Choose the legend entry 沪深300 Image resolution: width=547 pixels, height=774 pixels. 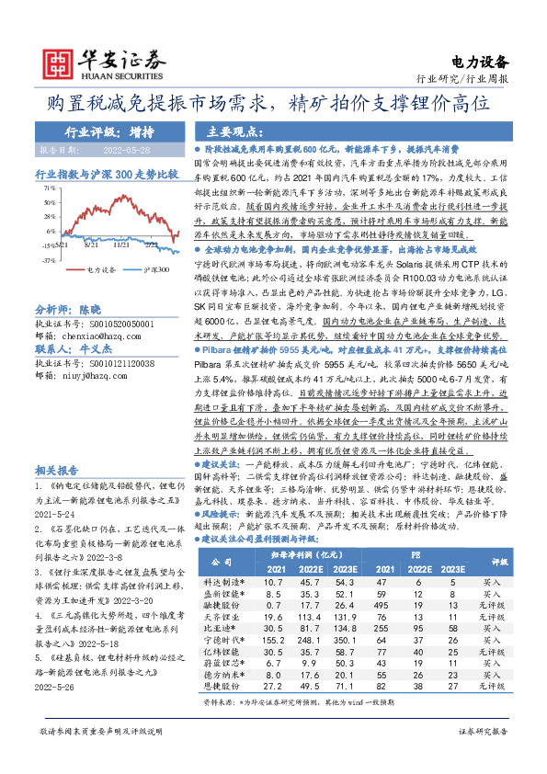tap(157, 270)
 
